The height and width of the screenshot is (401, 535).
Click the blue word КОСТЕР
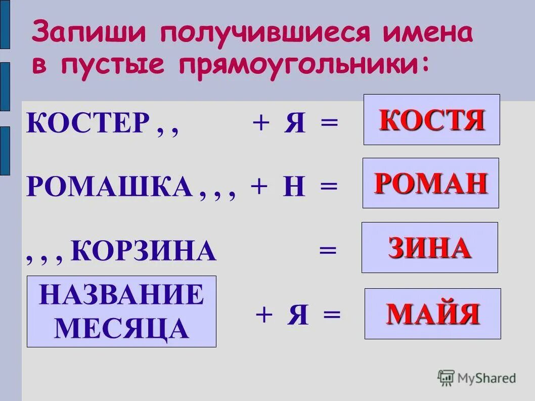(x=88, y=123)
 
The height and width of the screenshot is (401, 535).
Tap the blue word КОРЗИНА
(x=144, y=251)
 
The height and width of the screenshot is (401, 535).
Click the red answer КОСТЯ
(x=432, y=120)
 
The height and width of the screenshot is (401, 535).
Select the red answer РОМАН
(x=431, y=183)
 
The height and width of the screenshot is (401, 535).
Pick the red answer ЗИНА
(x=430, y=248)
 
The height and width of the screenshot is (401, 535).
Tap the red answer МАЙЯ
(x=433, y=314)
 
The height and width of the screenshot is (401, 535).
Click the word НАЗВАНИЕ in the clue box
(x=121, y=295)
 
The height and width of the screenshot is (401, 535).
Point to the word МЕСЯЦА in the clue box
(x=121, y=329)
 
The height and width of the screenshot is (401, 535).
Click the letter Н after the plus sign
(x=295, y=188)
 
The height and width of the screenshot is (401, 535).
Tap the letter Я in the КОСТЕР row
(x=295, y=123)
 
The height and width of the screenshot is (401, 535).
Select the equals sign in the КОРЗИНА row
(x=327, y=251)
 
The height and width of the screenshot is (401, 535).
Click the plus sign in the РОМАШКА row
(x=259, y=187)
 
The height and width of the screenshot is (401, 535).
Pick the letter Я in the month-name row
(x=298, y=316)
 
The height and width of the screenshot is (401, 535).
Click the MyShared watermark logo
(x=477, y=377)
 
